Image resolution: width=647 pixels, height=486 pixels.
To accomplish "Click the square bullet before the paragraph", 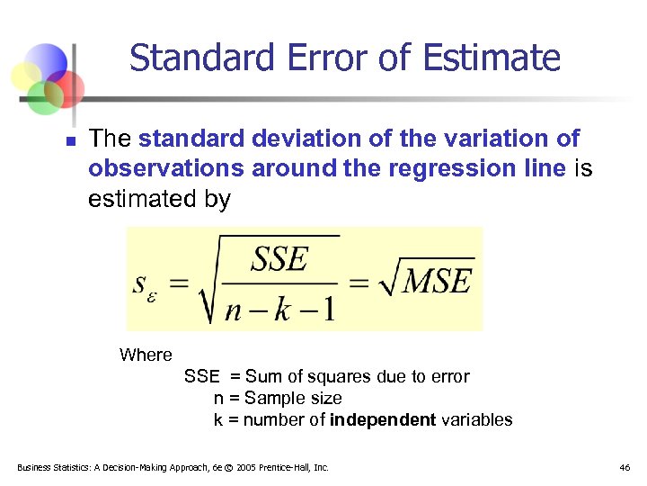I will pos(68,141).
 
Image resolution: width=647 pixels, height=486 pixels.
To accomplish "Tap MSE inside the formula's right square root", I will pos(435,282).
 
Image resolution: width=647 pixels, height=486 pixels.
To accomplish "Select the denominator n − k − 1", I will pos(279,308).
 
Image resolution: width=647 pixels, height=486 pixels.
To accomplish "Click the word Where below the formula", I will pos(146,355).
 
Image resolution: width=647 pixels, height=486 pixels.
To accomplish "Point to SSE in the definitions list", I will pos(201,376).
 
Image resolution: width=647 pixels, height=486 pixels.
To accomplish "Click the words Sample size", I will pos(293,398).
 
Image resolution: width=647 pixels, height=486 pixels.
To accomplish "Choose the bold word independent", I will pos(383,419).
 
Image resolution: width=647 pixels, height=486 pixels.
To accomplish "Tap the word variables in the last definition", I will pos(477,419).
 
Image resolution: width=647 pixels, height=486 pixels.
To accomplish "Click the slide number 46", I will pos(625,468).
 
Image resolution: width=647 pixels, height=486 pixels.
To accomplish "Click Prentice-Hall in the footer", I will pos(288,468).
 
